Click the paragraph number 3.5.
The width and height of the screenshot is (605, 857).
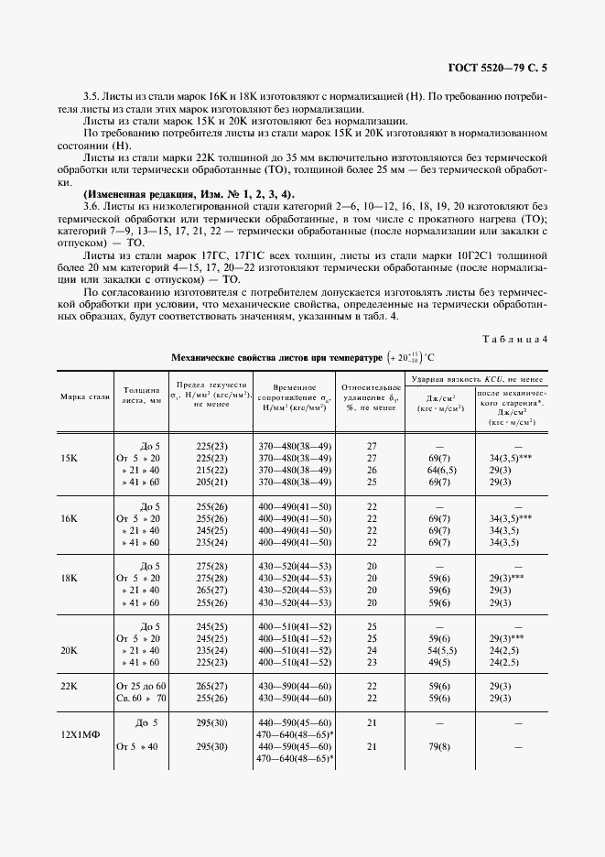point(92,96)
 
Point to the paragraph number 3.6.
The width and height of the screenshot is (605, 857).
point(92,207)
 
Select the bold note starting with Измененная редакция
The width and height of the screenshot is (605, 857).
point(189,194)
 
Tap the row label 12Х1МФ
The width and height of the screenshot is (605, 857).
point(76,734)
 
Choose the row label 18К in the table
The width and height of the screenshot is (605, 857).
point(69,578)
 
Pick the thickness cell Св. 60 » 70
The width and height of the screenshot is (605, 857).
point(141,698)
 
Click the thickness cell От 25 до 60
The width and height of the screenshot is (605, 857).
point(141,686)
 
